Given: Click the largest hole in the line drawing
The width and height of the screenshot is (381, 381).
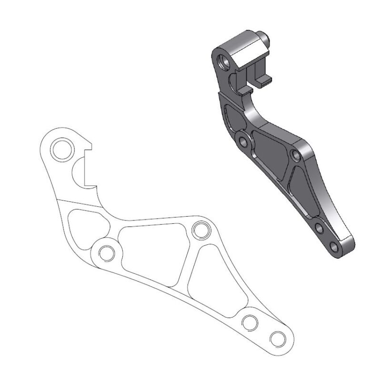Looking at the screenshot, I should point(61,150).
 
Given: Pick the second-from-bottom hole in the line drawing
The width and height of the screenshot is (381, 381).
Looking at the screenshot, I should point(249,322).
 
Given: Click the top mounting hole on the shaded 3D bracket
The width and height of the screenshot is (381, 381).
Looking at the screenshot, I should point(222,60).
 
